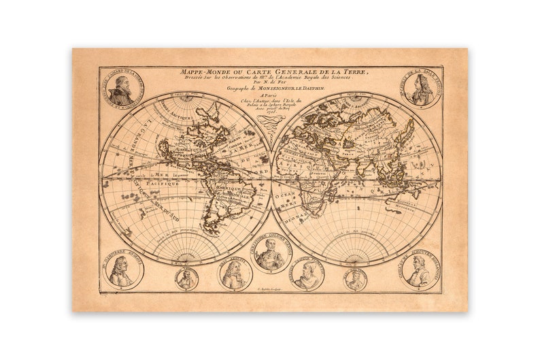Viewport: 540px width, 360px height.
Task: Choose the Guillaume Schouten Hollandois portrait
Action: [416, 270]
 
